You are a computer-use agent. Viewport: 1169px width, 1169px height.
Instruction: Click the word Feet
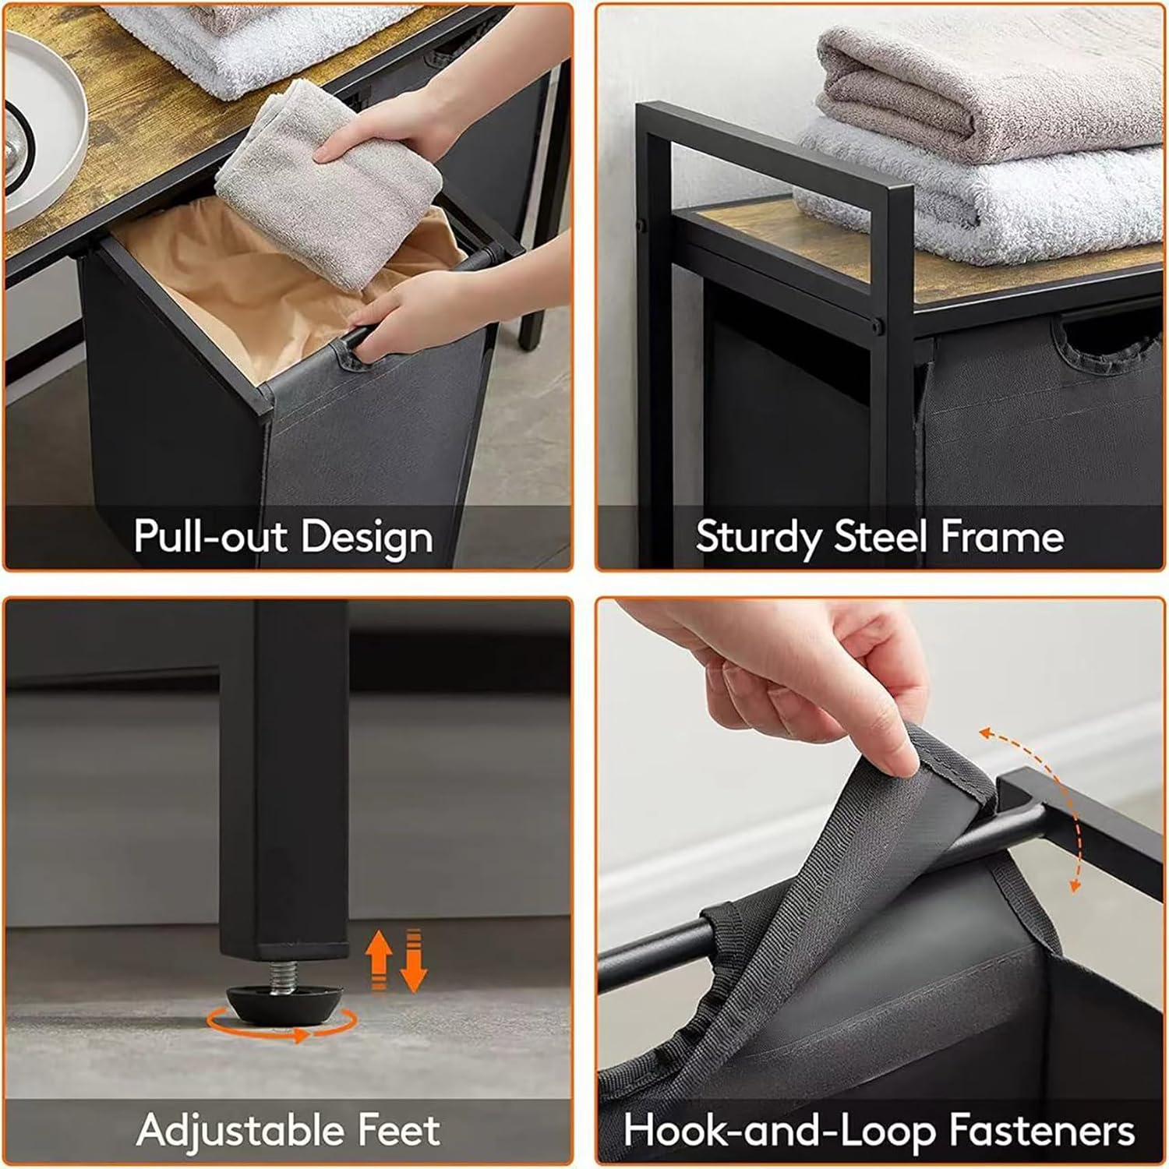pyautogui.click(x=398, y=1130)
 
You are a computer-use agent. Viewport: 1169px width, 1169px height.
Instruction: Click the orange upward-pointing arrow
pyautogui.click(x=380, y=959)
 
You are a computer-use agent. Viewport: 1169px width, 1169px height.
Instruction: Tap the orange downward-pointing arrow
pyautogui.click(x=414, y=959)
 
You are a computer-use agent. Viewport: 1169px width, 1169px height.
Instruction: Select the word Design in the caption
pyautogui.click(x=366, y=537)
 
